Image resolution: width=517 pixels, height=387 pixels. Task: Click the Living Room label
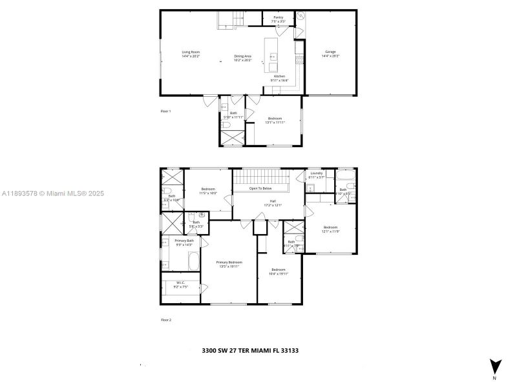coord(191,52)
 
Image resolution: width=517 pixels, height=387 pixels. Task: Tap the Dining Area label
coord(244,56)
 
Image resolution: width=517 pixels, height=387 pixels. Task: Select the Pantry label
coord(279,17)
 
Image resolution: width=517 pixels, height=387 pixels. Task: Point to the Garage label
coord(330,52)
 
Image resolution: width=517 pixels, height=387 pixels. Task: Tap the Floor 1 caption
coord(166,111)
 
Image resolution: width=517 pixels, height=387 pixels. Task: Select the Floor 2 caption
coord(166,319)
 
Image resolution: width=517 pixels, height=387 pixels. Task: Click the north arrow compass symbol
coord(494,366)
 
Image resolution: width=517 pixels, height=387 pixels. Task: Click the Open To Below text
coord(262,189)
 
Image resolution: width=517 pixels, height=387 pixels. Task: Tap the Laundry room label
coord(316,173)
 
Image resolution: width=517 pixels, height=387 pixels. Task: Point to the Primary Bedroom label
coord(229,263)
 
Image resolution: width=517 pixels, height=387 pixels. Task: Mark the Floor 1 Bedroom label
coord(275,118)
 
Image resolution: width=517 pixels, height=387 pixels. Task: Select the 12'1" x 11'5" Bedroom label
coord(330,226)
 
